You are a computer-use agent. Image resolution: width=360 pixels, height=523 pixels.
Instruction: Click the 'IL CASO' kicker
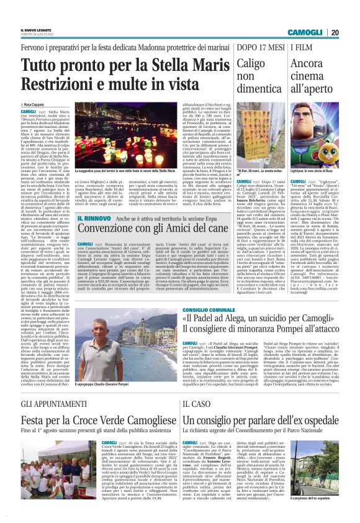tap(196, 404)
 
